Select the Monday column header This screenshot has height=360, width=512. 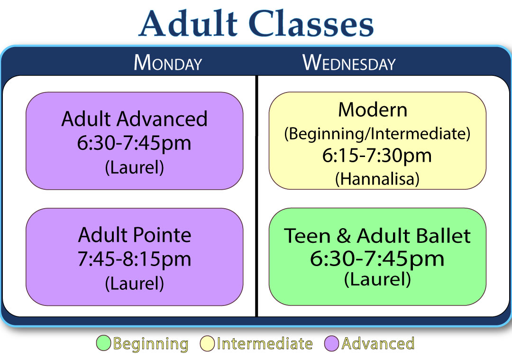click(x=168, y=63)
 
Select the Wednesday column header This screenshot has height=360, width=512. click(x=349, y=63)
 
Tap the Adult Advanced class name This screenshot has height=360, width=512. click(x=134, y=119)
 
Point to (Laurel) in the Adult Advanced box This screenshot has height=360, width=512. click(x=134, y=167)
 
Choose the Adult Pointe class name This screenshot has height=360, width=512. click(x=134, y=235)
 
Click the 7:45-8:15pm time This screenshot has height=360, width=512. click(x=134, y=259)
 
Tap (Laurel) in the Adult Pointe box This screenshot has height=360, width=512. click(x=134, y=283)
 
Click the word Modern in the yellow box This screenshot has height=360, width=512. click(x=373, y=110)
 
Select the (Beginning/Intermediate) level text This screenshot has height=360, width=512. click(x=377, y=134)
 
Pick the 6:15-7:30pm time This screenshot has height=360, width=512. click(x=377, y=156)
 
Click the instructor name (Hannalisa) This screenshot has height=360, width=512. click(x=377, y=179)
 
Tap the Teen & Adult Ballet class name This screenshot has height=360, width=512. click(x=377, y=236)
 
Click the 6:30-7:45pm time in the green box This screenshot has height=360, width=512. click(x=377, y=258)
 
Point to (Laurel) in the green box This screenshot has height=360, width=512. click(x=377, y=279)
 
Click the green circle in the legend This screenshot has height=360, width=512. click(x=103, y=343)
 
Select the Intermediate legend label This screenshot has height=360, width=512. click(x=265, y=343)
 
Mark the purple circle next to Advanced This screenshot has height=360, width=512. click(x=332, y=343)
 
